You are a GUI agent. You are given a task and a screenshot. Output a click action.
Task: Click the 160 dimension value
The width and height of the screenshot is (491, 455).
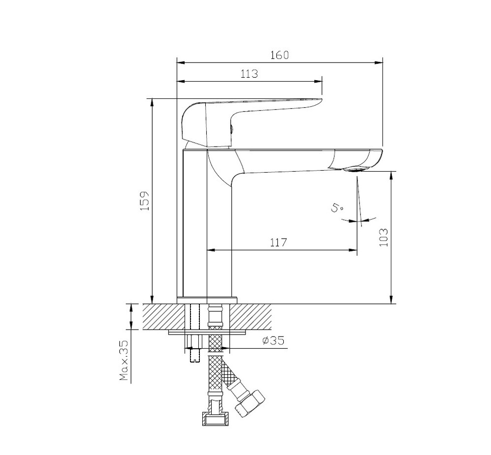pos(279,55)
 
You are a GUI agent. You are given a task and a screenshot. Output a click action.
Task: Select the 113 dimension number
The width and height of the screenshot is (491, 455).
pos(249,74)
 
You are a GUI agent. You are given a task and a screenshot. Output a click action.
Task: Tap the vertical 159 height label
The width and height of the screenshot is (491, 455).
pos(145,201)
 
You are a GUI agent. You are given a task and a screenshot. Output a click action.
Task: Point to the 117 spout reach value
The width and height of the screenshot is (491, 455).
pos(278,243)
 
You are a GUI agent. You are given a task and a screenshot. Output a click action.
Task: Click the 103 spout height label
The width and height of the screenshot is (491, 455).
pos(383,237)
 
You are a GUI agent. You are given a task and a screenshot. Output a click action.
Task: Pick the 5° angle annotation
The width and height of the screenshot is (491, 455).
pos(336,208)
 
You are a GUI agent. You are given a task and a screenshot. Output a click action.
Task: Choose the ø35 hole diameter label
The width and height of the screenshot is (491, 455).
pos(273,340)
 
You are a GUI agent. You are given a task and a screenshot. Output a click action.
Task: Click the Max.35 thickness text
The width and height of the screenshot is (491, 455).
pos(124,360)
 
